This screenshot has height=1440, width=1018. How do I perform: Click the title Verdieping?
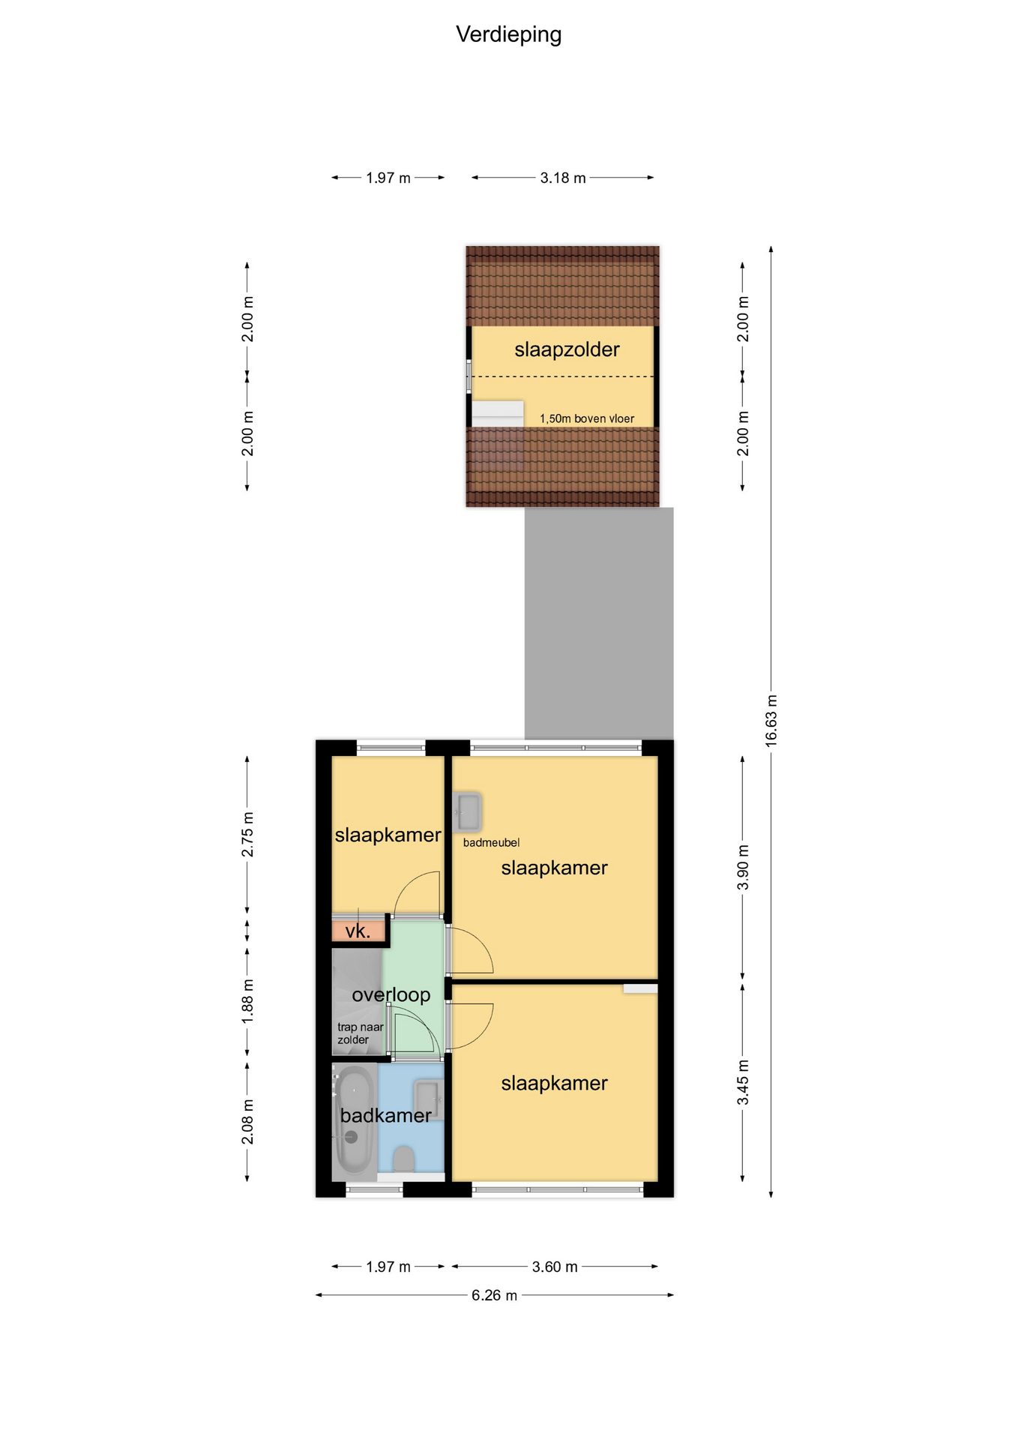[x=508, y=34]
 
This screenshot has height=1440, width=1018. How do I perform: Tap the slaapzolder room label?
[x=567, y=349]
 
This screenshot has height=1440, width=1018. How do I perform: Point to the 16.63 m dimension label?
[x=771, y=720]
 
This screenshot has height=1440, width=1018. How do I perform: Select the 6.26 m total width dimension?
[x=494, y=1295]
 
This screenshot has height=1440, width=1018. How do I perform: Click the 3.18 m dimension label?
[x=563, y=178]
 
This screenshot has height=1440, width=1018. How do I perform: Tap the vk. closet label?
[x=358, y=931]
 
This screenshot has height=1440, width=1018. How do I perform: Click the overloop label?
[x=391, y=994]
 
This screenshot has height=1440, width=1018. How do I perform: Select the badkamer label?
[x=385, y=1115]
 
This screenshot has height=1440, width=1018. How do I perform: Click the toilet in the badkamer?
[x=403, y=1159]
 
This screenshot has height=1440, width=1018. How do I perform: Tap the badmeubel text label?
[x=491, y=843]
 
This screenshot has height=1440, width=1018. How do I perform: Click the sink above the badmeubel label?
[x=469, y=811]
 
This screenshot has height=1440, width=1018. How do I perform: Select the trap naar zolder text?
[x=361, y=1033]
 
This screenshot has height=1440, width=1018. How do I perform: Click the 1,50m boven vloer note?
[x=587, y=418]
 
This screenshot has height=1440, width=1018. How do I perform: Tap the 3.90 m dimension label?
[x=743, y=867]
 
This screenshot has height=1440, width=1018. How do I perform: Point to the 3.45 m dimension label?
[x=743, y=1082]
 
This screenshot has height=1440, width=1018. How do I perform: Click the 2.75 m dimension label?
[x=247, y=834]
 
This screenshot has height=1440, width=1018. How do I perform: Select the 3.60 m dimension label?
[x=555, y=1267]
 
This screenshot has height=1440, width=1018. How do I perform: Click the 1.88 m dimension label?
[x=247, y=1001]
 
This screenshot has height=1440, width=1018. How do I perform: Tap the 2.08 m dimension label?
[x=247, y=1122]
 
